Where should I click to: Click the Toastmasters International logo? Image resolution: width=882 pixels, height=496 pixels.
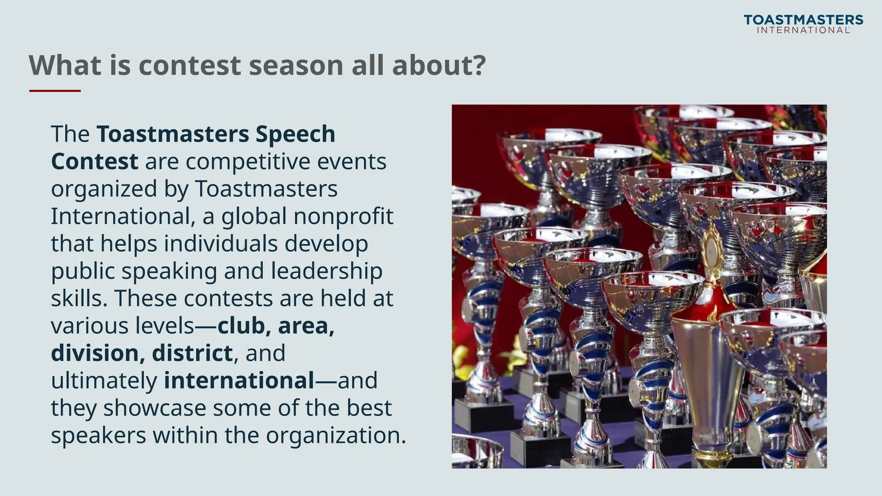click(x=803, y=24)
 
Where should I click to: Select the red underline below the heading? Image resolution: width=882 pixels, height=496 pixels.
click(x=55, y=91)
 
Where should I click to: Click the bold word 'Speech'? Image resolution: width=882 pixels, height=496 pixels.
click(x=295, y=134)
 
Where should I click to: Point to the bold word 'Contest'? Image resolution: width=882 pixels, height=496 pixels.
click(x=94, y=161)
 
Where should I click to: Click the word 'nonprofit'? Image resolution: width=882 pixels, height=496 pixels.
click(x=343, y=216)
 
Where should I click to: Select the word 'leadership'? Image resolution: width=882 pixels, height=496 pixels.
click(x=326, y=271)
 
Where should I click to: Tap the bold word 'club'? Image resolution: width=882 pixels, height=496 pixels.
click(x=241, y=326)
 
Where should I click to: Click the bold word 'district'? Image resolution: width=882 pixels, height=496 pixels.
click(x=192, y=353)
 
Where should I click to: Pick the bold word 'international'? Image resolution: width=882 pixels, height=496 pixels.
click(x=239, y=381)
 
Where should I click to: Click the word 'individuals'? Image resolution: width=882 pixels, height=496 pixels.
click(x=220, y=244)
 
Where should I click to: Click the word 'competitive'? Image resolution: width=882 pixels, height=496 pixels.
click(x=248, y=162)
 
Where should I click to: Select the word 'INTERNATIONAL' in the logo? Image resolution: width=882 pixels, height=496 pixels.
click(x=803, y=30)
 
